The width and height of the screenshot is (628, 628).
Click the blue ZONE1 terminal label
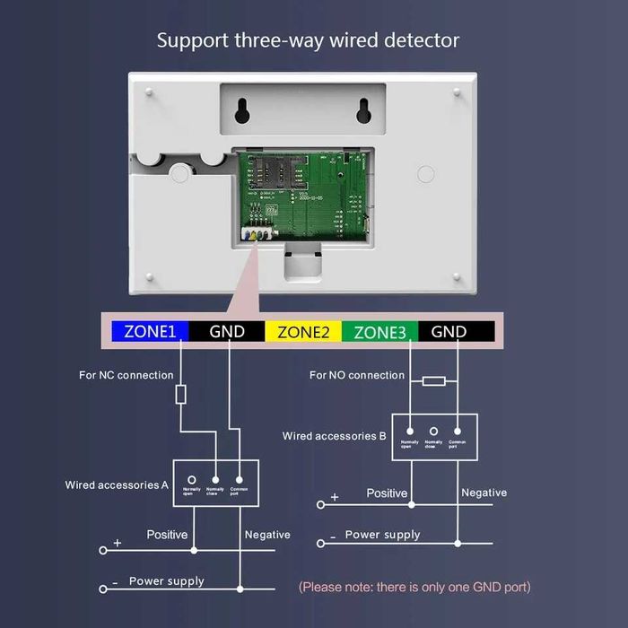[x=150, y=332]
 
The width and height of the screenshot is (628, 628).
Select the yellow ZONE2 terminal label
[x=303, y=332]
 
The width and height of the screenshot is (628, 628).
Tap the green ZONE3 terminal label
[x=379, y=332]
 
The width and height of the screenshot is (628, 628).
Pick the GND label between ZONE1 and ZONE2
[x=226, y=332]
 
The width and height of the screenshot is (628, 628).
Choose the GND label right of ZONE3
[x=449, y=332]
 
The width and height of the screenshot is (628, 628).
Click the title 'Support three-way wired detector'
[x=308, y=40]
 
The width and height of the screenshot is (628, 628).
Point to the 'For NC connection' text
[x=126, y=375]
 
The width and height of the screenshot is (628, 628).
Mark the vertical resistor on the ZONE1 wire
[x=180, y=393]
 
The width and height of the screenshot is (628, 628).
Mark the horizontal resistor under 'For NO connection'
[x=433, y=381]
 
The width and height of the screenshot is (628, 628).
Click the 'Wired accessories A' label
[x=117, y=484]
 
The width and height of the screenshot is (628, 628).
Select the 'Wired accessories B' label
[x=334, y=436]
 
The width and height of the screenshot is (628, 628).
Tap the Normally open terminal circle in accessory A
[x=191, y=481]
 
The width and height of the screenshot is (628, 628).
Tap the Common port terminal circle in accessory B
[x=458, y=432]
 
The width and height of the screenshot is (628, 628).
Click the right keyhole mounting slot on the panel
[x=363, y=109]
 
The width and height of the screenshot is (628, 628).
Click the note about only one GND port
[x=414, y=587]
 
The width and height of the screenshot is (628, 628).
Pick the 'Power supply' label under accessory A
[x=166, y=580]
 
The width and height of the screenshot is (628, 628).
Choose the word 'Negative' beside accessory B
[x=484, y=493]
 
